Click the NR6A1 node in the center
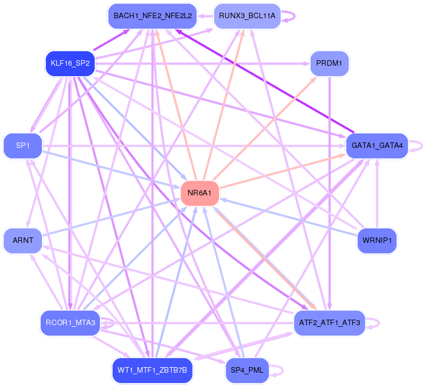point(200,194)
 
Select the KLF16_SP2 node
point(69,63)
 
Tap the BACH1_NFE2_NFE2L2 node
point(152,16)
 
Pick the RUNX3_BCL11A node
point(247,16)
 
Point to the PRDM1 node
point(330,63)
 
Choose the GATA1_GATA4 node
point(377,146)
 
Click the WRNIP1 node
point(377,241)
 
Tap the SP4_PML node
point(247,370)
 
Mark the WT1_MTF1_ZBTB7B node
point(152,370)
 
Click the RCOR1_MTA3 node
point(69,322)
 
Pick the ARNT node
point(23,241)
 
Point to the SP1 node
point(23,146)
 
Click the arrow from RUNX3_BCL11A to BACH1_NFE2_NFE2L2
point(205,16)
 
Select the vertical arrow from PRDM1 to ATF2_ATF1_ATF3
point(330,193)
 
